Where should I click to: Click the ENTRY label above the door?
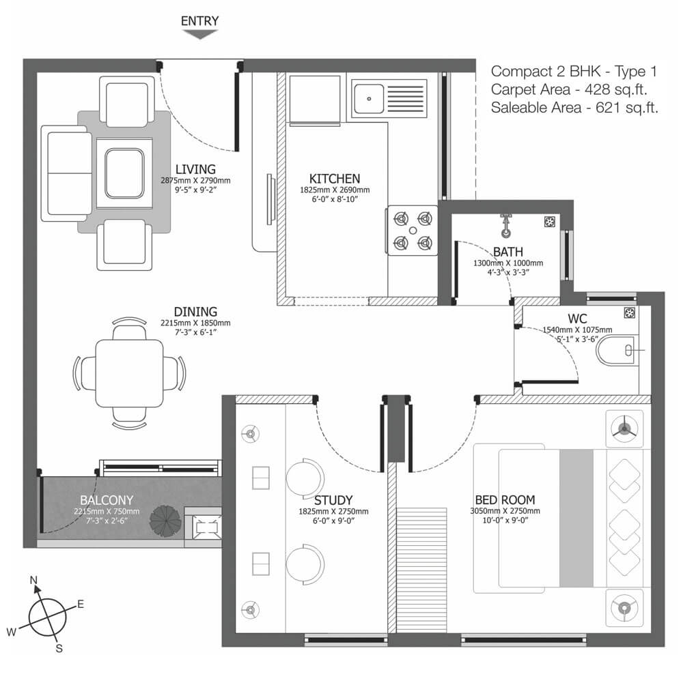click(200, 21)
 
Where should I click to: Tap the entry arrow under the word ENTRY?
click(200, 34)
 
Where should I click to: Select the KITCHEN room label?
click(335, 179)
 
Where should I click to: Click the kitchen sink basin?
click(369, 99)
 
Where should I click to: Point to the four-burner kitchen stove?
click(413, 230)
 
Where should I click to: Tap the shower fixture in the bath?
click(506, 226)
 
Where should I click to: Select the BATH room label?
click(507, 252)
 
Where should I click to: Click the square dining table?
click(130, 373)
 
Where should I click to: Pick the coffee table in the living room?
click(124, 173)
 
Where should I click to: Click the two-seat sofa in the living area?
click(67, 173)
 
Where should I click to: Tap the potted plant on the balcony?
click(165, 521)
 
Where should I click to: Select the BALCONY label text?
click(107, 500)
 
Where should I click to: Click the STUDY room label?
click(333, 500)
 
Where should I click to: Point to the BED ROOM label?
click(505, 500)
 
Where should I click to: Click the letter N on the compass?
click(33, 580)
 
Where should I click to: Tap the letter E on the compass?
click(81, 604)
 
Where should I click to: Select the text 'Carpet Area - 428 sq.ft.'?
click(568, 89)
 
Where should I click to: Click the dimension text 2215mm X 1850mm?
click(195, 323)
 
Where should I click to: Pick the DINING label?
click(195, 312)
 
